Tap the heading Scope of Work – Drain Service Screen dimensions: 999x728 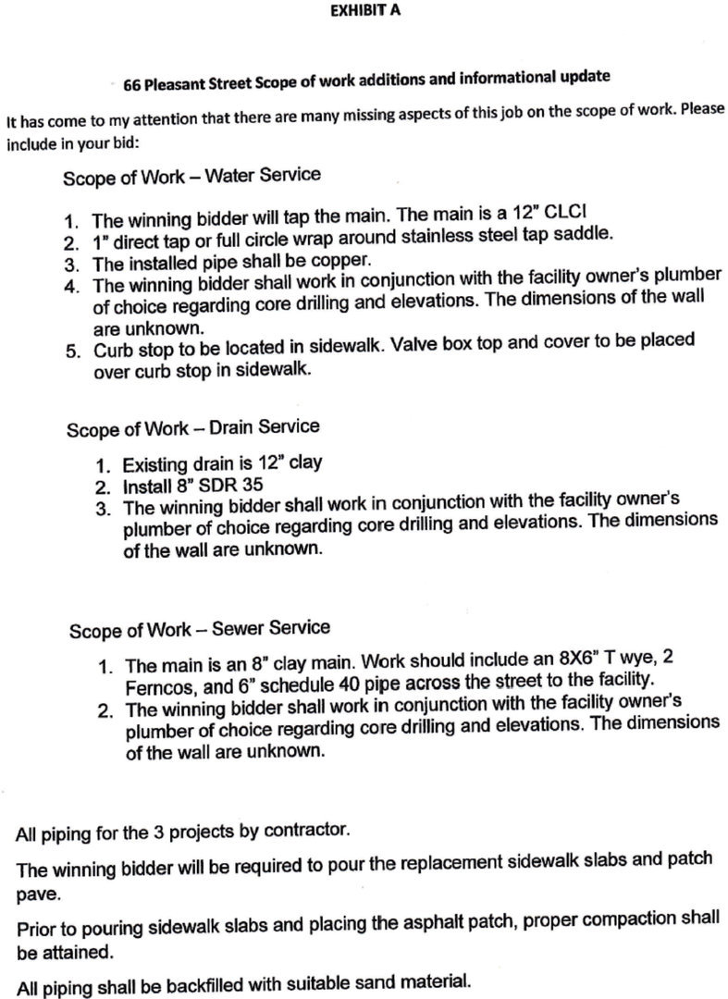[x=193, y=428]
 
